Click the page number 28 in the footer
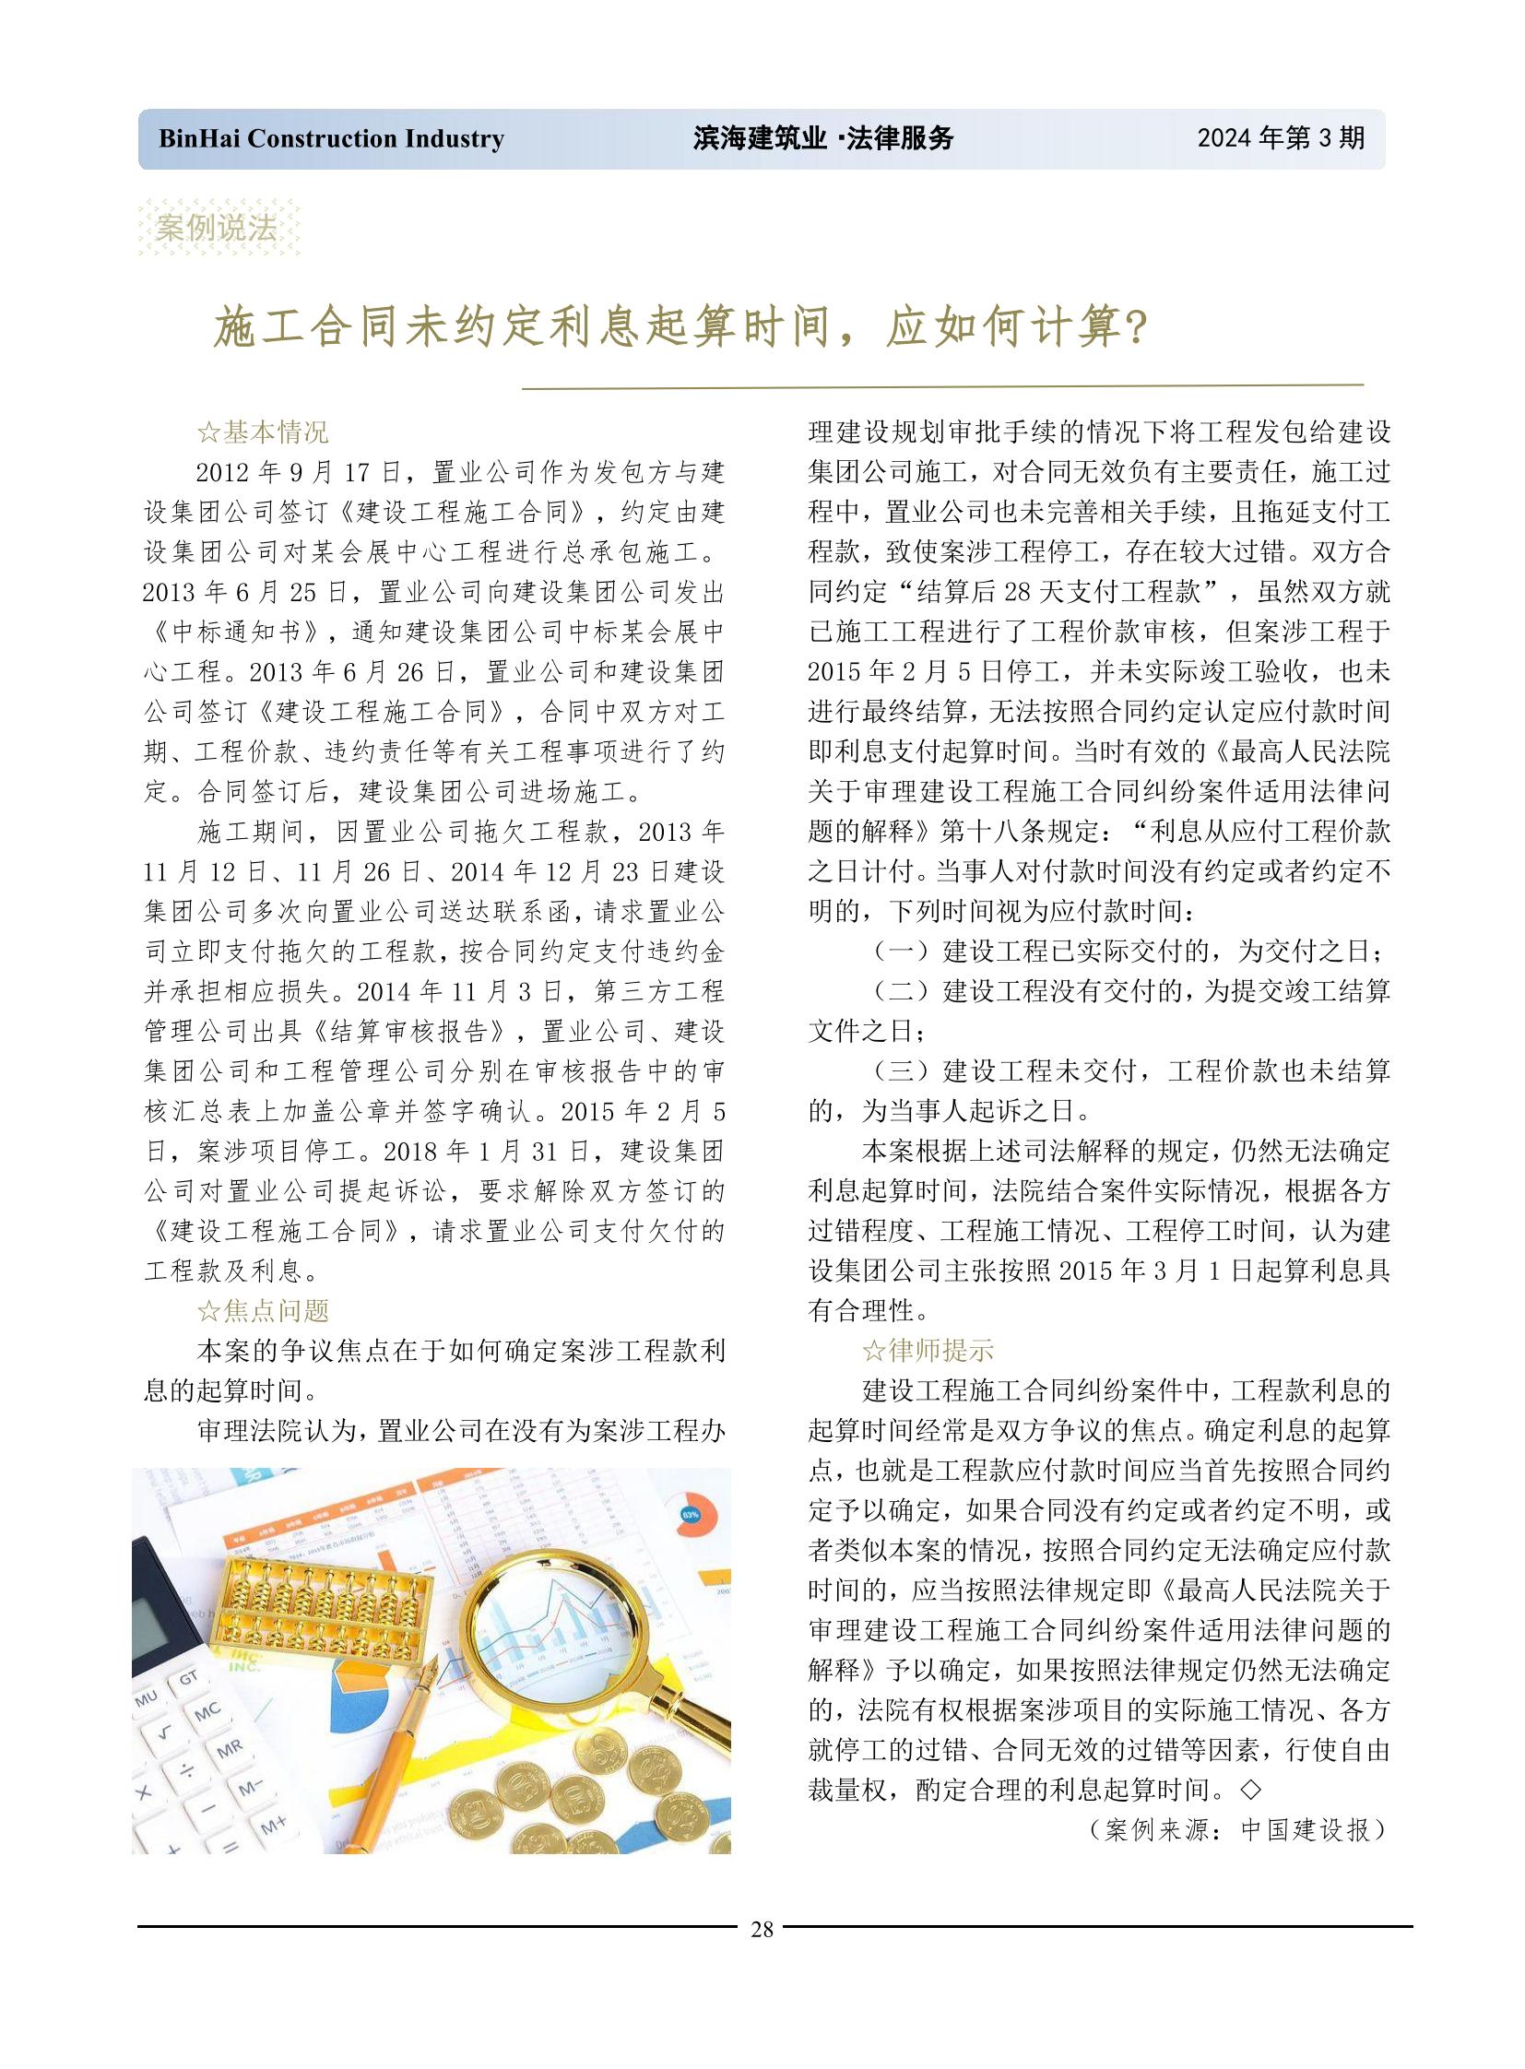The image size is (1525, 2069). (762, 1929)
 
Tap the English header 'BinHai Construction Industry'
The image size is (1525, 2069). (331, 138)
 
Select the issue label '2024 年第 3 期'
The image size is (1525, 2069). (1281, 138)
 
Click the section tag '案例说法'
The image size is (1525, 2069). (218, 227)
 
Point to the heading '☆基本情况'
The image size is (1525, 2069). (263, 432)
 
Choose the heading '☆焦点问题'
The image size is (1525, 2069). (263, 1311)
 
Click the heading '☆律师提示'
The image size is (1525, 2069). (928, 1351)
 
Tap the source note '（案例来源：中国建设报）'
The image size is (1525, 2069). (1238, 1830)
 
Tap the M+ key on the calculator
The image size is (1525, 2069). (273, 1826)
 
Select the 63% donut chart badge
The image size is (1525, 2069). (691, 1515)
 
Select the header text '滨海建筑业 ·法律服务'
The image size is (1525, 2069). (822, 138)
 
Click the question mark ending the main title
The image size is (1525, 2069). (1136, 327)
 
